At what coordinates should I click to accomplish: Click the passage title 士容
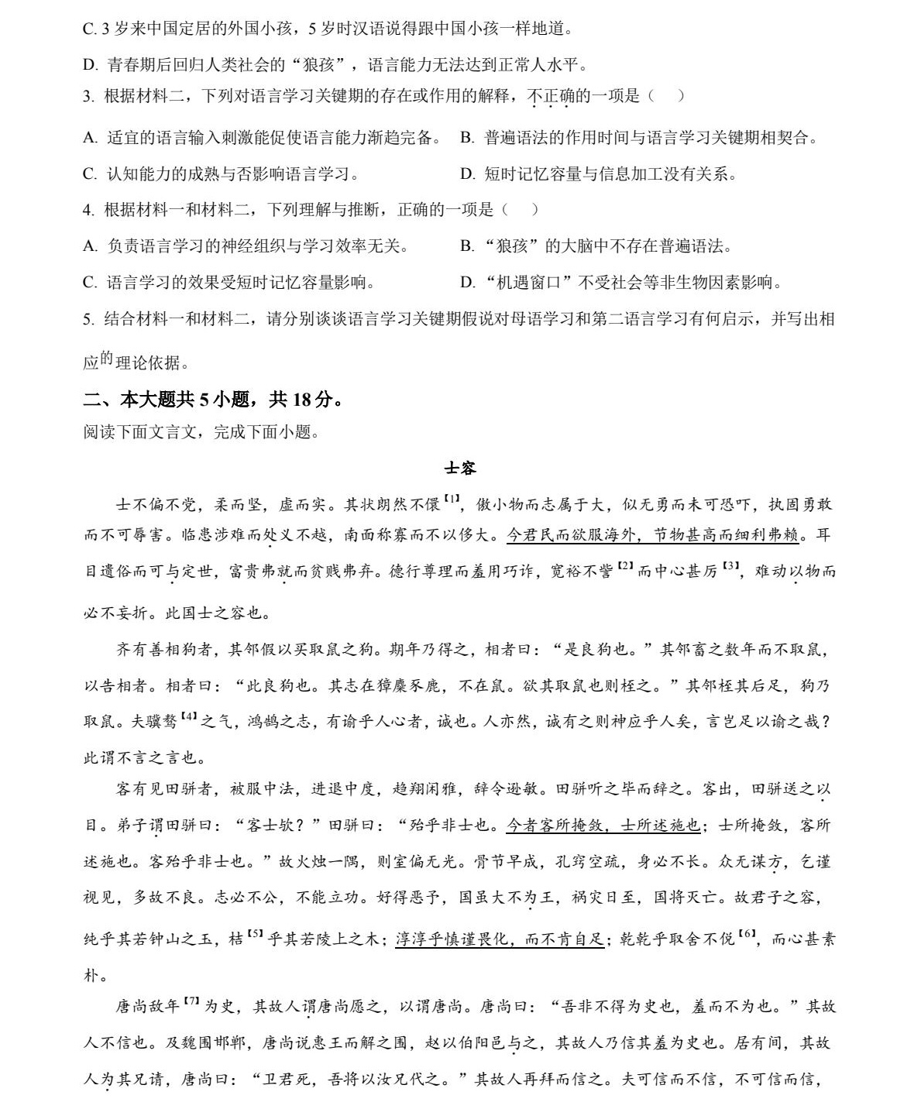click(x=460, y=469)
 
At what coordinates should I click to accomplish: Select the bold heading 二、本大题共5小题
click(x=213, y=400)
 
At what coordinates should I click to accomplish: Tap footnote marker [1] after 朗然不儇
click(x=452, y=500)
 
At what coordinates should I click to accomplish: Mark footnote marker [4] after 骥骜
click(x=189, y=716)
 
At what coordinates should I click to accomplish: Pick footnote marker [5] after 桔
click(x=256, y=934)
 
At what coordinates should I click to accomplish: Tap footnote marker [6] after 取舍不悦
click(x=746, y=934)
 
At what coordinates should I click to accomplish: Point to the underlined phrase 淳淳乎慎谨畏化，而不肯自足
click(x=500, y=939)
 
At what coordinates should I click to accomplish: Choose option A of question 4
click(x=246, y=246)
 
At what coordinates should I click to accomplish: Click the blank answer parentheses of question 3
click(x=665, y=96)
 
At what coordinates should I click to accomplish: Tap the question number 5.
click(x=88, y=319)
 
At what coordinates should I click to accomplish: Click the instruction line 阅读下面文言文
click(x=201, y=432)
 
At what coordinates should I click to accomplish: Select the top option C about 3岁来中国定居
click(x=328, y=29)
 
